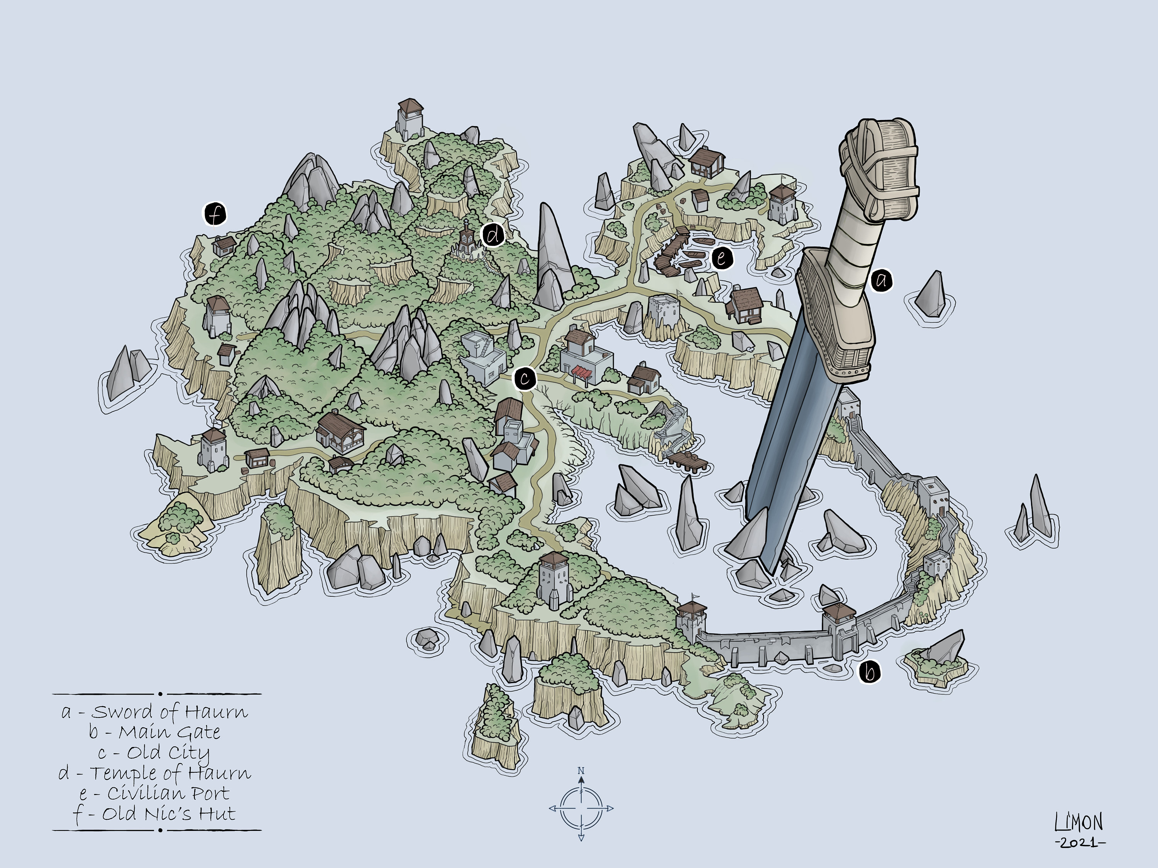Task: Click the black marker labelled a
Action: click(882, 281)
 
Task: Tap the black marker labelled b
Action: click(870, 672)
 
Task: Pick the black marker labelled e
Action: click(722, 258)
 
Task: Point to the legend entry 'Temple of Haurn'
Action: click(155, 773)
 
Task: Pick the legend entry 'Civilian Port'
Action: click(155, 794)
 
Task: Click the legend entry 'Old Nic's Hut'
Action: click(155, 814)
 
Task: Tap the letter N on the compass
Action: click(581, 771)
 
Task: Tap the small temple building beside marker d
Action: click(466, 244)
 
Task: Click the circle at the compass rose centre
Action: click(581, 808)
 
